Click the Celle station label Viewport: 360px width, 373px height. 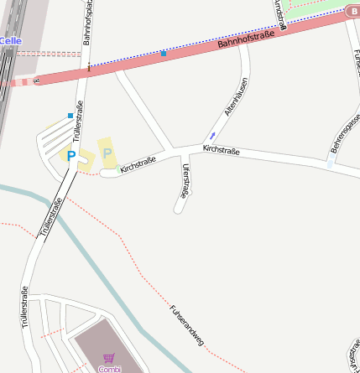[10, 40]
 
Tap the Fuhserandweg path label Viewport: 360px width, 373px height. [186, 324]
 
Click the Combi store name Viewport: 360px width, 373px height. [109, 369]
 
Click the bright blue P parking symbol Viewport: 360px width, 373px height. [71, 155]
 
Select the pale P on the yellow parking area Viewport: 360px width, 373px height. [107, 153]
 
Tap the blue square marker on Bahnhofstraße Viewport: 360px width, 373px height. [163, 54]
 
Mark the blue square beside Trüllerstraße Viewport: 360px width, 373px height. [70, 115]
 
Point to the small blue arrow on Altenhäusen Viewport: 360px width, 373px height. [212, 134]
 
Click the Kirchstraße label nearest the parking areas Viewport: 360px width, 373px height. [138, 163]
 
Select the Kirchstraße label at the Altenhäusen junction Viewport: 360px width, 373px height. [222, 150]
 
